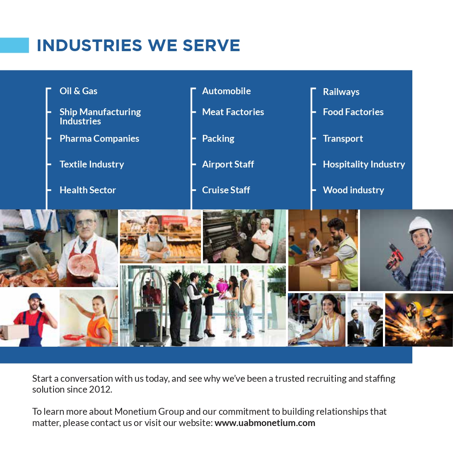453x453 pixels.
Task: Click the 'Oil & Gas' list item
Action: (x=78, y=91)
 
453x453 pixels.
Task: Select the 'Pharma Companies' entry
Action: (x=99, y=139)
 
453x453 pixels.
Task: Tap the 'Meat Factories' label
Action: (x=233, y=112)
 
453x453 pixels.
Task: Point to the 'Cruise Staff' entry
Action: (x=226, y=190)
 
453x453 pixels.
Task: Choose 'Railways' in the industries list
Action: (x=341, y=92)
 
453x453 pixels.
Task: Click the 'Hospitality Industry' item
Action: (x=364, y=164)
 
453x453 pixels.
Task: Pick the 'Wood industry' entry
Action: (x=354, y=190)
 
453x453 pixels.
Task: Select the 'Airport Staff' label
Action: (x=228, y=164)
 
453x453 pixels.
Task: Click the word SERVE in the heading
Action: (x=211, y=46)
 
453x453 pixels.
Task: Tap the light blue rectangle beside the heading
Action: (x=14, y=45)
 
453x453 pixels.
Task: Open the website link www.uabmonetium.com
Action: (x=265, y=423)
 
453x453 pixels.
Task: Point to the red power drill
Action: (x=395, y=256)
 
